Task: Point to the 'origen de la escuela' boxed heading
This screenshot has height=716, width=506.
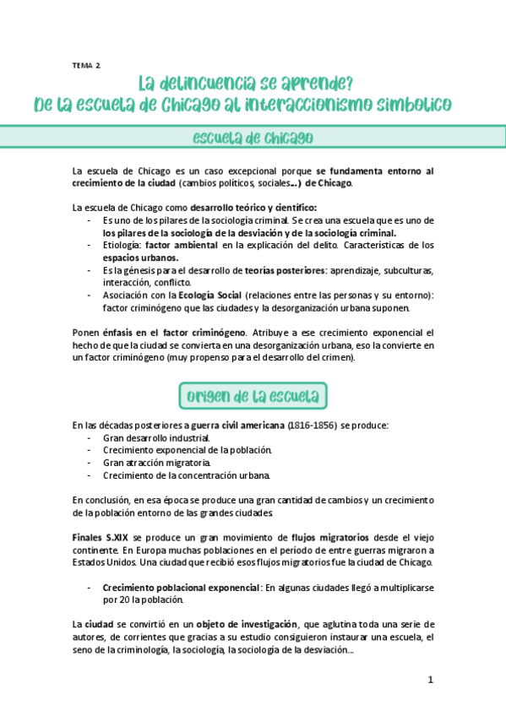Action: (x=253, y=396)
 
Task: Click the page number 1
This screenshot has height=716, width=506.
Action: (x=430, y=681)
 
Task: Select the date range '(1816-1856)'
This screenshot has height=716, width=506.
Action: (x=312, y=425)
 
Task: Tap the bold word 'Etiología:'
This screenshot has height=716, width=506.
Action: (x=122, y=246)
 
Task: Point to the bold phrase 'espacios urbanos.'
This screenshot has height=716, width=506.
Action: (x=140, y=258)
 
